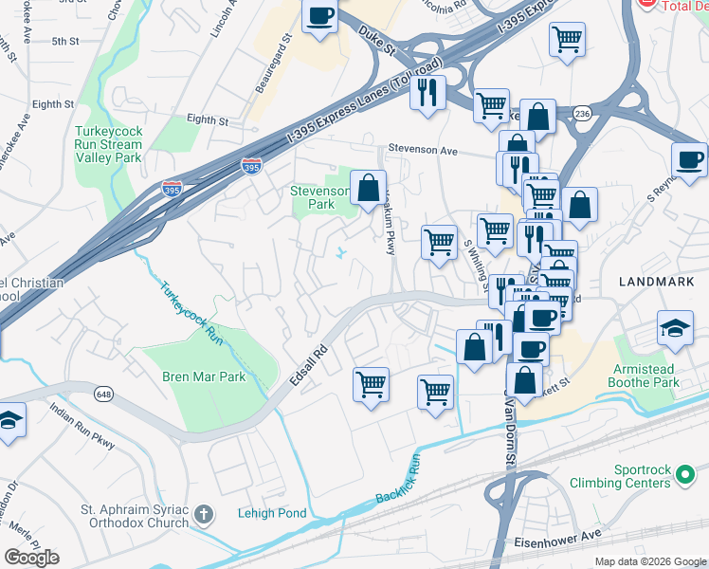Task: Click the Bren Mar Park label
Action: (204, 376)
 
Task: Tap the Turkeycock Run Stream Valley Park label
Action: (109, 143)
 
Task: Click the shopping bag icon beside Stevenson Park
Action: (368, 188)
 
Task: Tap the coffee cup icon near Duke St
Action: (320, 16)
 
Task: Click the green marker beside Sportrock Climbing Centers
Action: (686, 483)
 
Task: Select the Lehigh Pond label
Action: (272, 513)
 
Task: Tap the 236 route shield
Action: (583, 112)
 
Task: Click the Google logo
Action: (32, 557)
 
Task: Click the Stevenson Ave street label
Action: (423, 150)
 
